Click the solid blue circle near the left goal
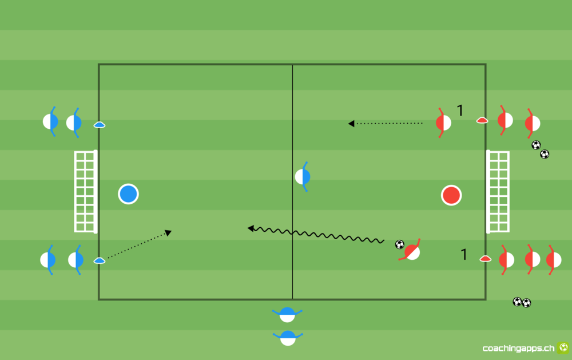pyautogui.click(x=128, y=194)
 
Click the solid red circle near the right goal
pyautogui.click(x=451, y=195)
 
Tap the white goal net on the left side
pyautogui.click(x=86, y=192)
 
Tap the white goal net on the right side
pyautogui.click(x=498, y=192)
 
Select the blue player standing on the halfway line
pyautogui.click(x=303, y=177)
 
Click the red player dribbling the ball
pyautogui.click(x=411, y=251)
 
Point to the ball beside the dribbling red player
pyautogui.click(x=400, y=244)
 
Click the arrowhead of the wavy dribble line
pyautogui.click(x=251, y=228)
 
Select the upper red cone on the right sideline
pyautogui.click(x=482, y=120)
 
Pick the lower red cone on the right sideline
pyautogui.click(x=485, y=259)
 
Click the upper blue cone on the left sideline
pyautogui.click(x=99, y=125)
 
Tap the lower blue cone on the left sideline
pyautogui.click(x=99, y=260)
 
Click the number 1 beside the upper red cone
pyautogui.click(x=460, y=110)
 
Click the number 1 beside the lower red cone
pyautogui.click(x=464, y=255)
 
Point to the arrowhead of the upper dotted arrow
pyautogui.click(x=351, y=124)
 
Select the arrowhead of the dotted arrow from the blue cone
pyautogui.click(x=168, y=232)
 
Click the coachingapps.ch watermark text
pyautogui.click(x=518, y=349)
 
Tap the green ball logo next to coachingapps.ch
pyautogui.click(x=563, y=347)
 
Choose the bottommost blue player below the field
pyautogui.click(x=288, y=338)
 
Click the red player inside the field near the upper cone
pyautogui.click(x=443, y=122)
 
